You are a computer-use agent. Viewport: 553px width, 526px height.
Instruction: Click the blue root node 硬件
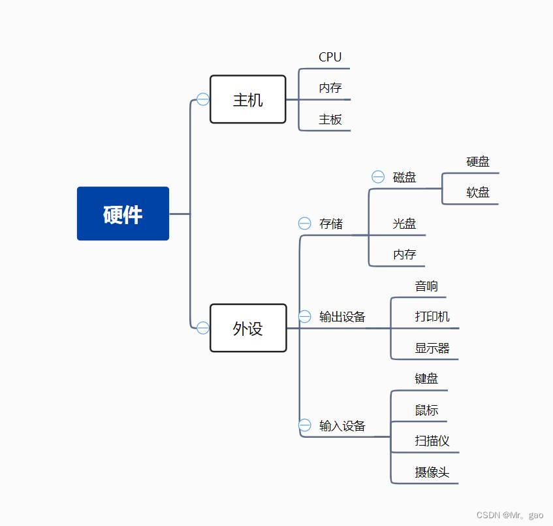click(123, 214)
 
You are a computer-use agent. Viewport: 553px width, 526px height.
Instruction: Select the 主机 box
click(247, 99)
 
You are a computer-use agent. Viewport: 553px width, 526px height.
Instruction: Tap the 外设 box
click(248, 328)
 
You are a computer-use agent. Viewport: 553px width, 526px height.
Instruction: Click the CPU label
click(330, 57)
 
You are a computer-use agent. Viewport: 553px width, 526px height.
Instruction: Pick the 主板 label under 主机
click(330, 120)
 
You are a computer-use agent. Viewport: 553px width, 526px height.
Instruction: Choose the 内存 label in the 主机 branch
click(330, 88)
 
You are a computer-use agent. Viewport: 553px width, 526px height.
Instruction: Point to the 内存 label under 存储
click(405, 254)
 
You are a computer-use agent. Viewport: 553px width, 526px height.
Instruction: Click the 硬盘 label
click(478, 161)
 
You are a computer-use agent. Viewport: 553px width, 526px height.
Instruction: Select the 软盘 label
click(478, 192)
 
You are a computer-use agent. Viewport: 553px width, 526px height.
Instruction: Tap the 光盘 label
click(405, 223)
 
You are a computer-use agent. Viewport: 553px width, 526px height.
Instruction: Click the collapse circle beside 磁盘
click(378, 176)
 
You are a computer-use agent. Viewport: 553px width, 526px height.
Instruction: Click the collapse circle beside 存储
click(305, 223)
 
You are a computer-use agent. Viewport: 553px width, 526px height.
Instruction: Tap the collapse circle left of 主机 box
click(203, 99)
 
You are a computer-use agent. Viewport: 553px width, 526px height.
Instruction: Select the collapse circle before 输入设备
click(305, 425)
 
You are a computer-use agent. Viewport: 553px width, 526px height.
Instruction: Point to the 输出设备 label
click(342, 317)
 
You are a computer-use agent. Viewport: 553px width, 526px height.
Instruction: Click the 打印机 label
click(432, 317)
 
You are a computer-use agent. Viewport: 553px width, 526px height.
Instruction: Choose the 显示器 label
click(432, 348)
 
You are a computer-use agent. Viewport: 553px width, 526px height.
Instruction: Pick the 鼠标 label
click(426, 410)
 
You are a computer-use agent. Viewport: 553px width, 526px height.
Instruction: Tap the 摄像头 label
click(432, 472)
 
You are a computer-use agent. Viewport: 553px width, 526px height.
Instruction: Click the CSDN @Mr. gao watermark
click(510, 516)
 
